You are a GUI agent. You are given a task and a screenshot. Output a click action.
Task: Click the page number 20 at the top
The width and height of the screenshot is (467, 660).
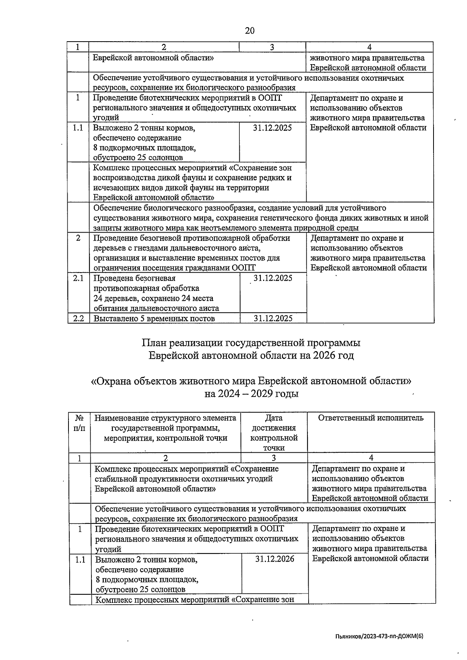click(x=250, y=31)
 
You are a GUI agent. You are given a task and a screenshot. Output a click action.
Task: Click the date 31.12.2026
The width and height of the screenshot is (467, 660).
click(x=274, y=559)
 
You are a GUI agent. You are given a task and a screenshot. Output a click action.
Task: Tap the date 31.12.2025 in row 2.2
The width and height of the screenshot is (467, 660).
click(x=273, y=318)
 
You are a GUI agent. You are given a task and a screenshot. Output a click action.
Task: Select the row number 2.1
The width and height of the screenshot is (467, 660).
click(x=78, y=278)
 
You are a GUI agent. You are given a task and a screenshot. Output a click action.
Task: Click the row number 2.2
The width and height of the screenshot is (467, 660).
click(x=78, y=318)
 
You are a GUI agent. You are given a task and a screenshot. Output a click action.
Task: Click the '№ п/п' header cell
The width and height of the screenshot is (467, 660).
click(x=79, y=423)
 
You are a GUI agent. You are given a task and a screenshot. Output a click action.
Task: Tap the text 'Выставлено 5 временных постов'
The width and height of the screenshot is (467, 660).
click(x=154, y=319)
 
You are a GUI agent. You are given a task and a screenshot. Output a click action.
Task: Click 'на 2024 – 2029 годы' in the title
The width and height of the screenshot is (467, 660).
click(x=251, y=394)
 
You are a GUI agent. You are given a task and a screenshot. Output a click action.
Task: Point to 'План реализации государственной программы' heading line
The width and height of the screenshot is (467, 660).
click(x=251, y=343)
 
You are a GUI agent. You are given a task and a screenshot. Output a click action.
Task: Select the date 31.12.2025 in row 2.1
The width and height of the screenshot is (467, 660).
click(x=273, y=278)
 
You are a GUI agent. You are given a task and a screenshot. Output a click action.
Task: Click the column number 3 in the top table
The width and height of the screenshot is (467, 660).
click(x=272, y=47)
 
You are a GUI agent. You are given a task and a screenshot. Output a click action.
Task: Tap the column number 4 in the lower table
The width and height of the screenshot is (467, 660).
click(x=371, y=458)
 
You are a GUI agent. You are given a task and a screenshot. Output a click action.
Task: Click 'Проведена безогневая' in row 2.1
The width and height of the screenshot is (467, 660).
click(x=135, y=278)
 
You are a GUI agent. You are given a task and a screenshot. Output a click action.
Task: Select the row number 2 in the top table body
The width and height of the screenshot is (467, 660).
click(x=78, y=238)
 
